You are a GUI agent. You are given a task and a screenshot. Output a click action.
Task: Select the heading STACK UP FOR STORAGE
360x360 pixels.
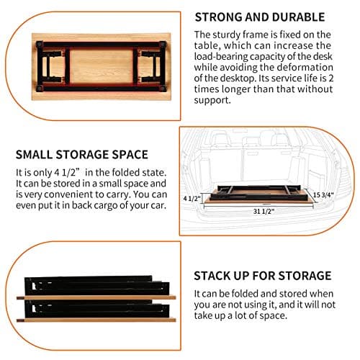261,276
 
